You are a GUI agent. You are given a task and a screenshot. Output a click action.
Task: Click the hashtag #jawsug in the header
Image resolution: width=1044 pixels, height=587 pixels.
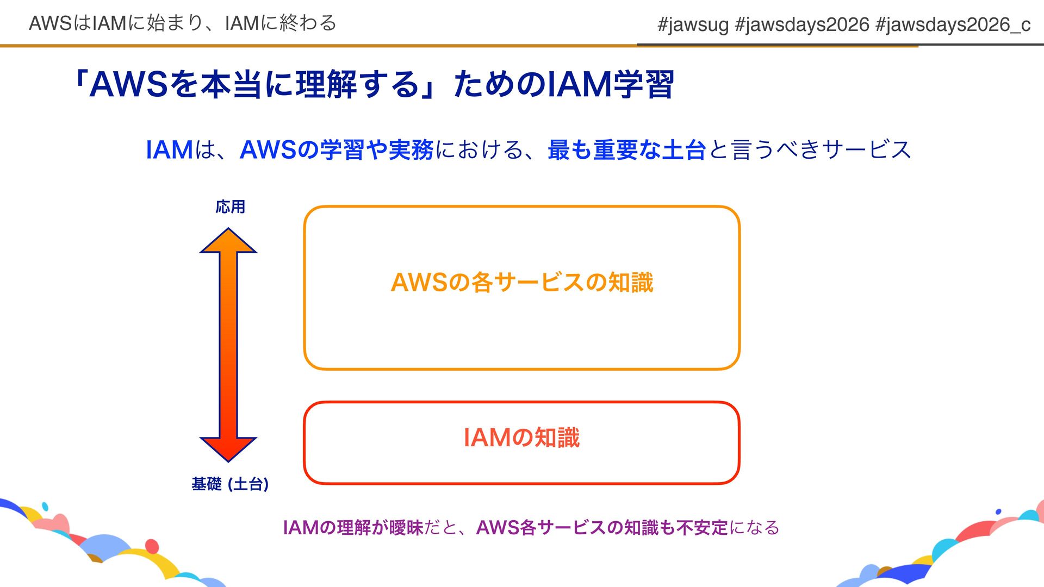(x=693, y=24)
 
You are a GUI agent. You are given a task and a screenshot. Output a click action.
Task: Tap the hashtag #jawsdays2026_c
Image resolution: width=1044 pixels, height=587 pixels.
(x=953, y=24)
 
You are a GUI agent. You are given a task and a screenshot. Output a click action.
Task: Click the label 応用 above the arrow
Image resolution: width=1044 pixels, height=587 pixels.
(x=230, y=207)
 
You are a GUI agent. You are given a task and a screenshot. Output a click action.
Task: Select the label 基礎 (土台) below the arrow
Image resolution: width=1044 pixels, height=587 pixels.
(x=230, y=484)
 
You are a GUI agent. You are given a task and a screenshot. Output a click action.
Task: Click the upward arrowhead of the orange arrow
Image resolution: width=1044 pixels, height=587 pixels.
(x=228, y=241)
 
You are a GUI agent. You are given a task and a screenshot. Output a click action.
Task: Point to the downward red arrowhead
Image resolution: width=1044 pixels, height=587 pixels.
(x=228, y=449)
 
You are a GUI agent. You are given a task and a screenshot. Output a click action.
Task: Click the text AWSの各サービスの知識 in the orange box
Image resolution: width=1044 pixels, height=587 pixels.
(x=522, y=283)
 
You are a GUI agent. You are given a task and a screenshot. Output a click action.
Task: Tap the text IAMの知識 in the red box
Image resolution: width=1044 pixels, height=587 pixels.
(x=522, y=438)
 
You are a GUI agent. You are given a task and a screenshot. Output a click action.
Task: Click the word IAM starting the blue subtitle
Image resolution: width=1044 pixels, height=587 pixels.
(x=169, y=150)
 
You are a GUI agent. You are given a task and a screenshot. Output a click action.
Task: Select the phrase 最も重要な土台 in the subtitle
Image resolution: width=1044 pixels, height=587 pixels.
(x=626, y=150)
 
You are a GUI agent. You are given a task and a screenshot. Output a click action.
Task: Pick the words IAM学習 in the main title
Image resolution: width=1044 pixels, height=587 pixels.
(x=610, y=85)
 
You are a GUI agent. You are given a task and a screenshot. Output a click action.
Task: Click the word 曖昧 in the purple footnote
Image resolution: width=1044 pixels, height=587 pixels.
(x=406, y=527)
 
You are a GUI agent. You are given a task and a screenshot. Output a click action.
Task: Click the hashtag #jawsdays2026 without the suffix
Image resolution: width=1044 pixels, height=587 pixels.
(x=802, y=24)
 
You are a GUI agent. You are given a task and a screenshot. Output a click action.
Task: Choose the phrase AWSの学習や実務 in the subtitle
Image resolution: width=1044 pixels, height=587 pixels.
(x=337, y=150)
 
